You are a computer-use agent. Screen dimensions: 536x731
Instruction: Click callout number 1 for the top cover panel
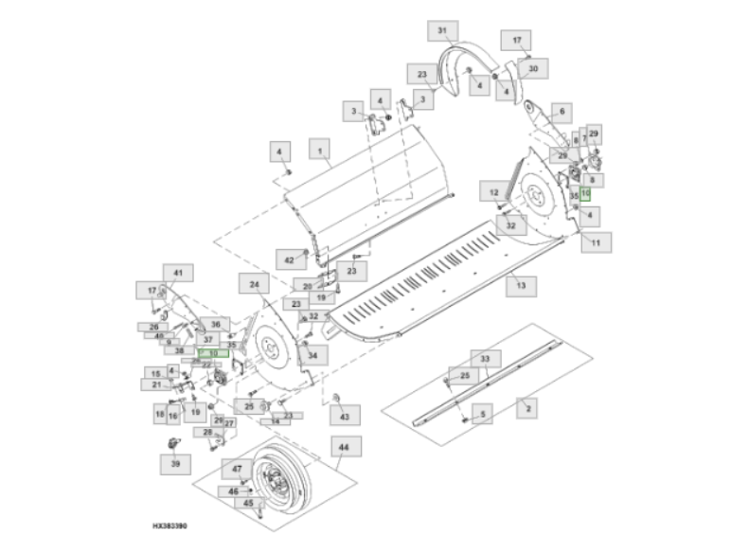click(x=319, y=150)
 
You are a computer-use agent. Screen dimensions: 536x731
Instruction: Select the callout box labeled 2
click(x=526, y=408)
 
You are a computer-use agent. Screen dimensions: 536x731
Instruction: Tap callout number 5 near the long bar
click(x=481, y=414)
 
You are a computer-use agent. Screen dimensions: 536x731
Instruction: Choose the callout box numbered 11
click(x=597, y=242)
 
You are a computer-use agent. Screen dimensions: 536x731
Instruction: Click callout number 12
click(x=494, y=191)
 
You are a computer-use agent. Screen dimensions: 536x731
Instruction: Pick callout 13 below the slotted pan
click(x=520, y=283)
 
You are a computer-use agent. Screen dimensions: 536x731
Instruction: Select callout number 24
click(x=255, y=284)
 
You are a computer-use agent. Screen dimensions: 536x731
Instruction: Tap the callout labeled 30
click(x=533, y=69)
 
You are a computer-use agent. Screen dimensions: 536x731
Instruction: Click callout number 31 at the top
click(x=441, y=31)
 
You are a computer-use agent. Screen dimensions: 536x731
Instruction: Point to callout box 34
click(x=313, y=355)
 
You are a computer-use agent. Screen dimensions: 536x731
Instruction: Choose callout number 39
click(x=174, y=464)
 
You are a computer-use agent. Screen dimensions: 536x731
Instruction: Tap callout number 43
click(x=344, y=415)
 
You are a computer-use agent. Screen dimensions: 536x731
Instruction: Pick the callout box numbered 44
click(x=342, y=447)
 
